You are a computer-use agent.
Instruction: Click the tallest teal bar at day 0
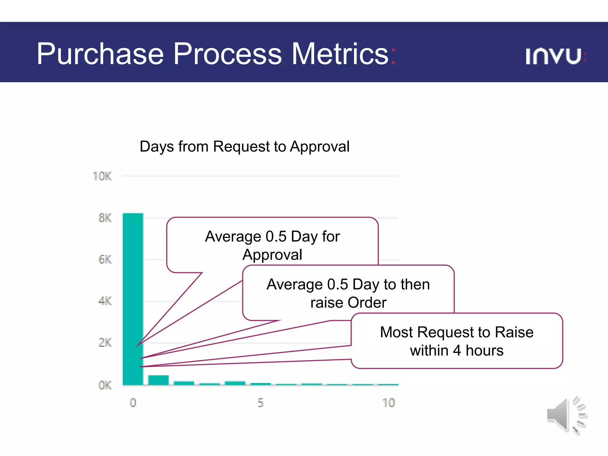click(133, 297)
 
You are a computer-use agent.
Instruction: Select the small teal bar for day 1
click(158, 380)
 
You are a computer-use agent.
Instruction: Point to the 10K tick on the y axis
click(102, 176)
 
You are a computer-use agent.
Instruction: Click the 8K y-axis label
click(105, 218)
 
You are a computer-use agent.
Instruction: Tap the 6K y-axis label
click(105, 260)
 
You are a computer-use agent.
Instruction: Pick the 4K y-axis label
click(105, 301)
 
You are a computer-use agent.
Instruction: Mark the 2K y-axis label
click(105, 343)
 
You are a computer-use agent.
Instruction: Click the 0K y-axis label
click(105, 385)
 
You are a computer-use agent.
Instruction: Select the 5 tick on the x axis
click(260, 403)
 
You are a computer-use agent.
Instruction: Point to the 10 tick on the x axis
click(389, 403)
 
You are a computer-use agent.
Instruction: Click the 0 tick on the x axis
click(133, 403)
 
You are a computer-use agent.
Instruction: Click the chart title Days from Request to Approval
click(245, 147)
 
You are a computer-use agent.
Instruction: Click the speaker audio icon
click(566, 415)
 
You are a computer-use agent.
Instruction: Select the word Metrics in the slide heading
click(340, 54)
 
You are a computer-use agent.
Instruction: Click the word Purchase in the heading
click(100, 54)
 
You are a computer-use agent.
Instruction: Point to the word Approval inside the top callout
click(272, 255)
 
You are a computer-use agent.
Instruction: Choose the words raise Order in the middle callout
click(348, 303)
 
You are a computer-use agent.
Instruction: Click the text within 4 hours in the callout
click(457, 351)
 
